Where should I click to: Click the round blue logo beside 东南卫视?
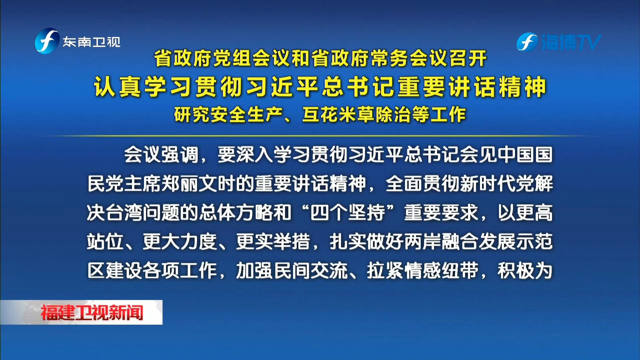click(x=47, y=41)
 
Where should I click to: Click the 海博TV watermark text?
click(x=571, y=43)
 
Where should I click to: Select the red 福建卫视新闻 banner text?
click(x=92, y=313)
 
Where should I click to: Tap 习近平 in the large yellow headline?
click(x=284, y=87)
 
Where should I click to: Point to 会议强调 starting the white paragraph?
click(x=161, y=155)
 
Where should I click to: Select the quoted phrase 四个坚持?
click(x=347, y=213)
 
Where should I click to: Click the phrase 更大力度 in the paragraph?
click(x=180, y=242)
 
